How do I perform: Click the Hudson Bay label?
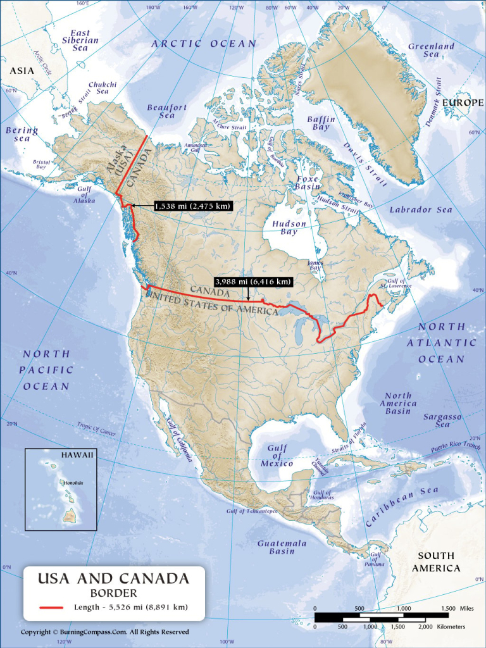(x=289, y=228)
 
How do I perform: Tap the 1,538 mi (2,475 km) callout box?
(x=192, y=206)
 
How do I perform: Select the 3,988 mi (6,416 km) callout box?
(x=253, y=282)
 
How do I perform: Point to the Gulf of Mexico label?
(x=277, y=456)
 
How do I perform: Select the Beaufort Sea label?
(x=167, y=111)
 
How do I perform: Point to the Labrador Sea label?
(x=421, y=209)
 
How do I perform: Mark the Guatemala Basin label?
(x=282, y=547)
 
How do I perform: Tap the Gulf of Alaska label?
(x=84, y=195)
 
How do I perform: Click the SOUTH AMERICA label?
(x=436, y=562)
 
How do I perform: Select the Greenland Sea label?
(x=431, y=51)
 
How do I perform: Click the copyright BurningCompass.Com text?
(x=104, y=632)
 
